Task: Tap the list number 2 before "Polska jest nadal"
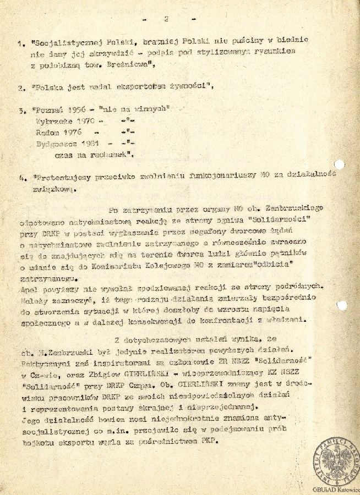coord(20,87)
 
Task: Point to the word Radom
coord(48,132)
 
